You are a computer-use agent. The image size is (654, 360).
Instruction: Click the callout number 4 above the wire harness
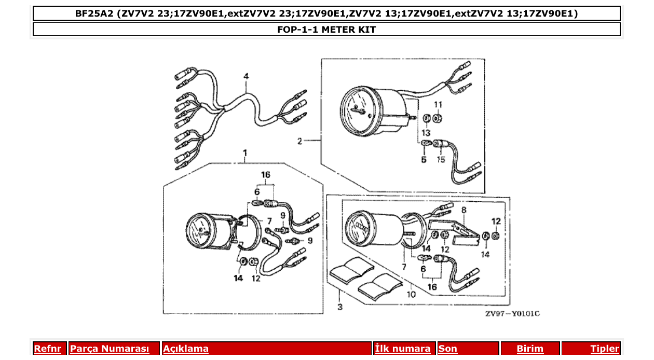coord(246,76)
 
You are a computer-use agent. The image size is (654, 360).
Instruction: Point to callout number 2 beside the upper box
coord(299,141)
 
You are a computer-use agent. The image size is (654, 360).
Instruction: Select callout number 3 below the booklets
coord(340,307)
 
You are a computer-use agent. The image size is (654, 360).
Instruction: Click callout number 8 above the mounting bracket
coord(464,210)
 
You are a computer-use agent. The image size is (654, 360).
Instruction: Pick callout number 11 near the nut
coord(438,105)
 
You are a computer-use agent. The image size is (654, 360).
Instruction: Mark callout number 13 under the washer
coord(426,133)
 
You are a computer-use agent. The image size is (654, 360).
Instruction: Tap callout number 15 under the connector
coord(441,159)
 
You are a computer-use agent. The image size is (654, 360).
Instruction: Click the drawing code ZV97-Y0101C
coord(512,314)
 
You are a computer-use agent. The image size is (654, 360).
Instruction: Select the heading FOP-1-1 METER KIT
coord(326,30)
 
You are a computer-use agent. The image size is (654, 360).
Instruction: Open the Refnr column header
coord(47,349)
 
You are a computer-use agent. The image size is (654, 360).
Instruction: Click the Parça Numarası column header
coord(109,349)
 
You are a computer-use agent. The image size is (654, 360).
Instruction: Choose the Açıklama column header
coord(186,349)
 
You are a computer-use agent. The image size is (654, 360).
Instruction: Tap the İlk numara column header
coord(402,349)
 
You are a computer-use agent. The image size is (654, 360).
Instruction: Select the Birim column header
coord(530,349)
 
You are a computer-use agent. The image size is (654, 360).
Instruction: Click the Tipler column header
coord(605,349)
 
